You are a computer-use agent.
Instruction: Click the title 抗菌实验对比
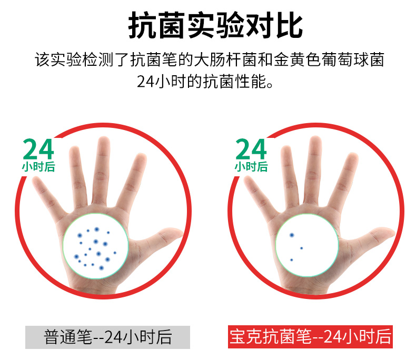tap(215, 25)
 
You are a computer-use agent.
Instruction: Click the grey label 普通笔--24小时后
tap(108, 337)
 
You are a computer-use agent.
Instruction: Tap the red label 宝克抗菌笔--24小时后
tap(310, 337)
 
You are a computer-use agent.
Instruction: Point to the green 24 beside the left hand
tap(38, 149)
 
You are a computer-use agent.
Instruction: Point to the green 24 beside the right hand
tap(251, 149)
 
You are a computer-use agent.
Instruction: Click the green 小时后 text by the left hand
tap(39, 167)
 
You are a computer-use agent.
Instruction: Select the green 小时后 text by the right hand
tap(251, 167)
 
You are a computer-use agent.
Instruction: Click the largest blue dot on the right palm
tap(292, 235)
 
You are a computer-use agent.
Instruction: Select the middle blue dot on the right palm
tap(301, 248)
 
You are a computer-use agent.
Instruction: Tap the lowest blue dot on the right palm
tap(292, 260)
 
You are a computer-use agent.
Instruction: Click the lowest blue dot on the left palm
tap(101, 268)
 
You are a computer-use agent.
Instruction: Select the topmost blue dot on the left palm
tap(96, 229)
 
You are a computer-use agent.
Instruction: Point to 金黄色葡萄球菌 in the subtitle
tap(329, 59)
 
